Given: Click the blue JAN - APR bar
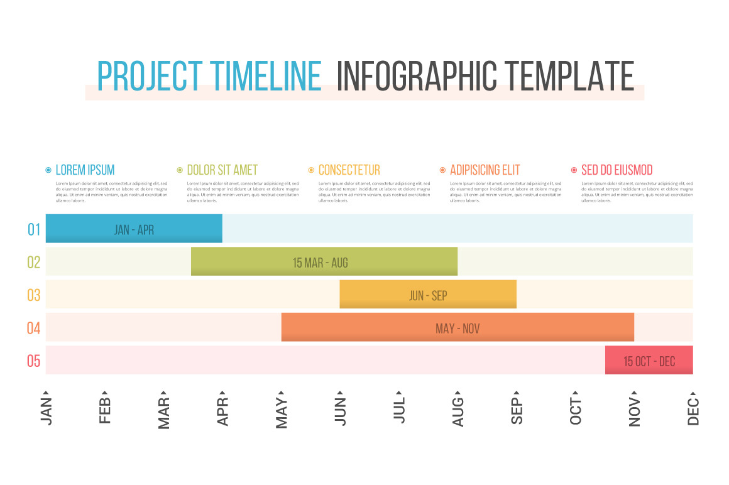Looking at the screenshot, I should [134, 229].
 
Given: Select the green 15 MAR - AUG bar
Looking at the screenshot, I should [324, 261].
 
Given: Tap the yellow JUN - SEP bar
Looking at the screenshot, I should [428, 295].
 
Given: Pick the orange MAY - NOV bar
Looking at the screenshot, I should [458, 327].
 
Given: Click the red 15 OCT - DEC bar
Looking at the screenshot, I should [649, 361].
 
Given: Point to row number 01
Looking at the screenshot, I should [34, 229].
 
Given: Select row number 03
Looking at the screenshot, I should [34, 295].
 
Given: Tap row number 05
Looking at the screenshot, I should [34, 361].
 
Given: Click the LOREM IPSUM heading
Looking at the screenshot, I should [85, 170].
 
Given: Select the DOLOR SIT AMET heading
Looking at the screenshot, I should [222, 170].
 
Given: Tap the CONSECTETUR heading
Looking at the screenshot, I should [349, 170].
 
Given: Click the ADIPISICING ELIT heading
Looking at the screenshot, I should [485, 170].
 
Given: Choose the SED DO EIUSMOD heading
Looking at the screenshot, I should [617, 170].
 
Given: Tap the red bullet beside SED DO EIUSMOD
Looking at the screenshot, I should [574, 170].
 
